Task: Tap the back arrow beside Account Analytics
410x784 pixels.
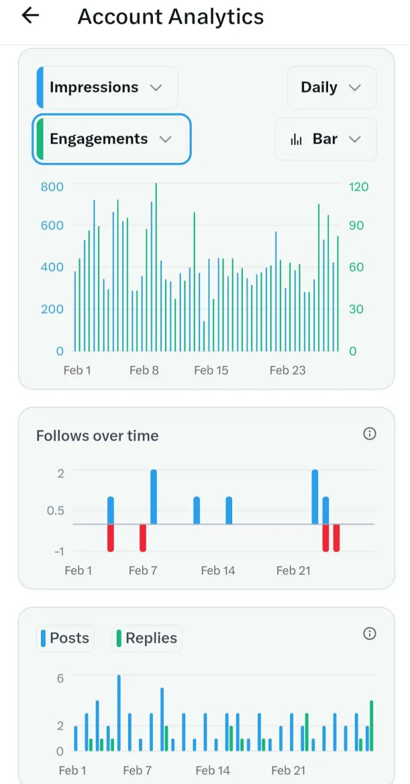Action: (31, 16)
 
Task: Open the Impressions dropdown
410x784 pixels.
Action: (106, 88)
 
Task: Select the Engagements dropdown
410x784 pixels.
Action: (111, 139)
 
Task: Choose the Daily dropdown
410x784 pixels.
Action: (331, 88)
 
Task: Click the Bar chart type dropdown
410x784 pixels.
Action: (325, 139)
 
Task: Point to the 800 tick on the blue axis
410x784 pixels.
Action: (52, 186)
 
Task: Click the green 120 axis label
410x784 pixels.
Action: (359, 186)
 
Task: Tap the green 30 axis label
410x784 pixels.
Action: (356, 309)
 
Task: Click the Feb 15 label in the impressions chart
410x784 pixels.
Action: (211, 370)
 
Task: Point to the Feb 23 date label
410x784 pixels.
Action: (287, 370)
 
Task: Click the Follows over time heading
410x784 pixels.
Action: (97, 436)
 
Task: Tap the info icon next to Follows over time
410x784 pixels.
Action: (369, 434)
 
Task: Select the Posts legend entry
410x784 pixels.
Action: (64, 638)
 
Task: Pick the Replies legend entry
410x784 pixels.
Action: (146, 638)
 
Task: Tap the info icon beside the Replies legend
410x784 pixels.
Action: (369, 634)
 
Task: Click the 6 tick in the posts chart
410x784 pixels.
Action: (60, 678)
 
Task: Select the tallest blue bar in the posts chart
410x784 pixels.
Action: (119, 713)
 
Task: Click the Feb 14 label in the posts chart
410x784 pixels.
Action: (213, 771)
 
